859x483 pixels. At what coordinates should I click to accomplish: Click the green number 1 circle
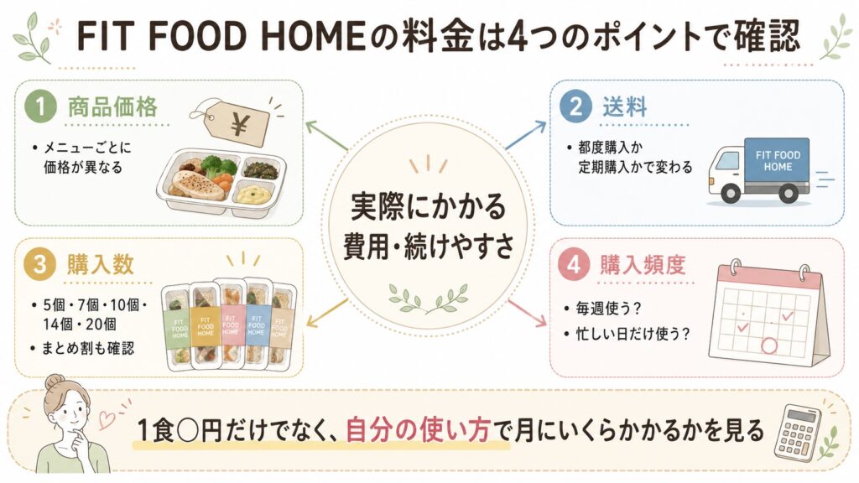[41, 106]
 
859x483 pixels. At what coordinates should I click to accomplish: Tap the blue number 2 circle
[575, 106]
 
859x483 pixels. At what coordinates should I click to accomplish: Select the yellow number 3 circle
[40, 265]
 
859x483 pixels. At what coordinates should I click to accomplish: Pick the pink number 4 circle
[574, 265]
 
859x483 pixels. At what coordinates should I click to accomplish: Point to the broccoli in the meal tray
[211, 164]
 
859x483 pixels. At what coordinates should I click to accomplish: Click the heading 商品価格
[113, 106]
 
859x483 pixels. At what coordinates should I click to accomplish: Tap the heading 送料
[624, 106]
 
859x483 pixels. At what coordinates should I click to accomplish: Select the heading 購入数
[101, 265]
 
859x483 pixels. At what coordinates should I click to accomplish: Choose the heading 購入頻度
[643, 265]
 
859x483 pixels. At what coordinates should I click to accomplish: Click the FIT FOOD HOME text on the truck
[778, 161]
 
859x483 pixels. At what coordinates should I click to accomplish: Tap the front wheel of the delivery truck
[731, 194]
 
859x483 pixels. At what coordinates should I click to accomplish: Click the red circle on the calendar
[769, 345]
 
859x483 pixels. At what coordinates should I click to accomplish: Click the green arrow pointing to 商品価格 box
[326, 135]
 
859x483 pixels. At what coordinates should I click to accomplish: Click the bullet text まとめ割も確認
[87, 348]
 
